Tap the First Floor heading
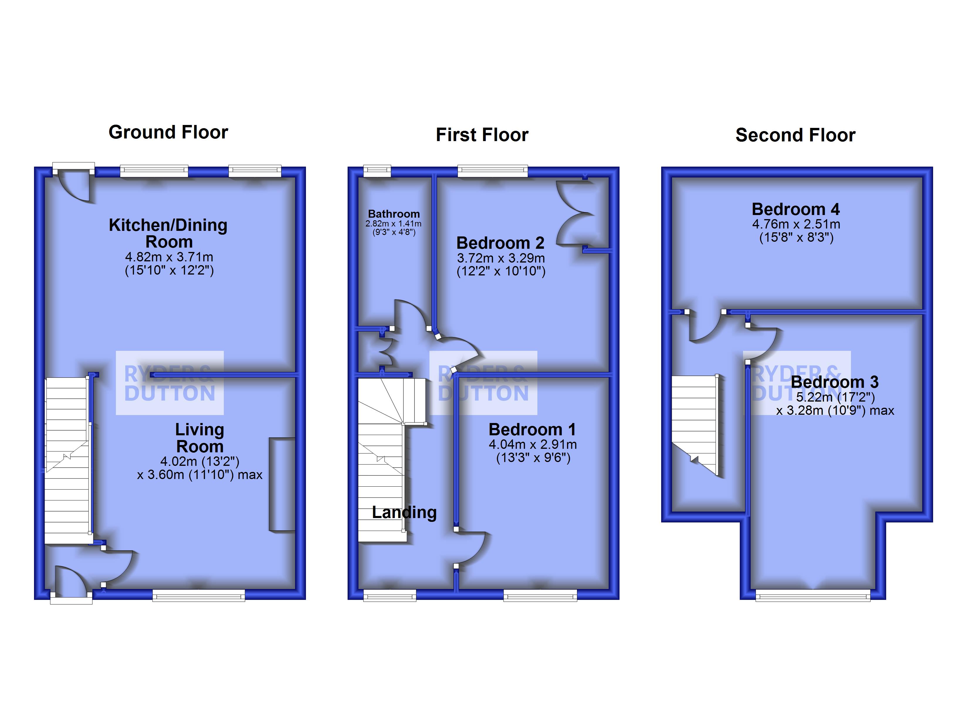click(x=482, y=135)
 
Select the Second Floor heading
click(x=795, y=135)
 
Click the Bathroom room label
click(x=394, y=214)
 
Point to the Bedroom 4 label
click(x=796, y=209)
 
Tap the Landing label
click(x=404, y=512)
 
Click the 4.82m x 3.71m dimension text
click(x=169, y=257)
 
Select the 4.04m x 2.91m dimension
click(x=533, y=444)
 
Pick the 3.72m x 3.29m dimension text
click(x=501, y=258)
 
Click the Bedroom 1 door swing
click(x=472, y=549)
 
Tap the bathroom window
click(x=377, y=172)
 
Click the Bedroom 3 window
click(x=813, y=595)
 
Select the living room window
click(x=199, y=595)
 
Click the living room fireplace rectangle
click(x=282, y=484)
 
